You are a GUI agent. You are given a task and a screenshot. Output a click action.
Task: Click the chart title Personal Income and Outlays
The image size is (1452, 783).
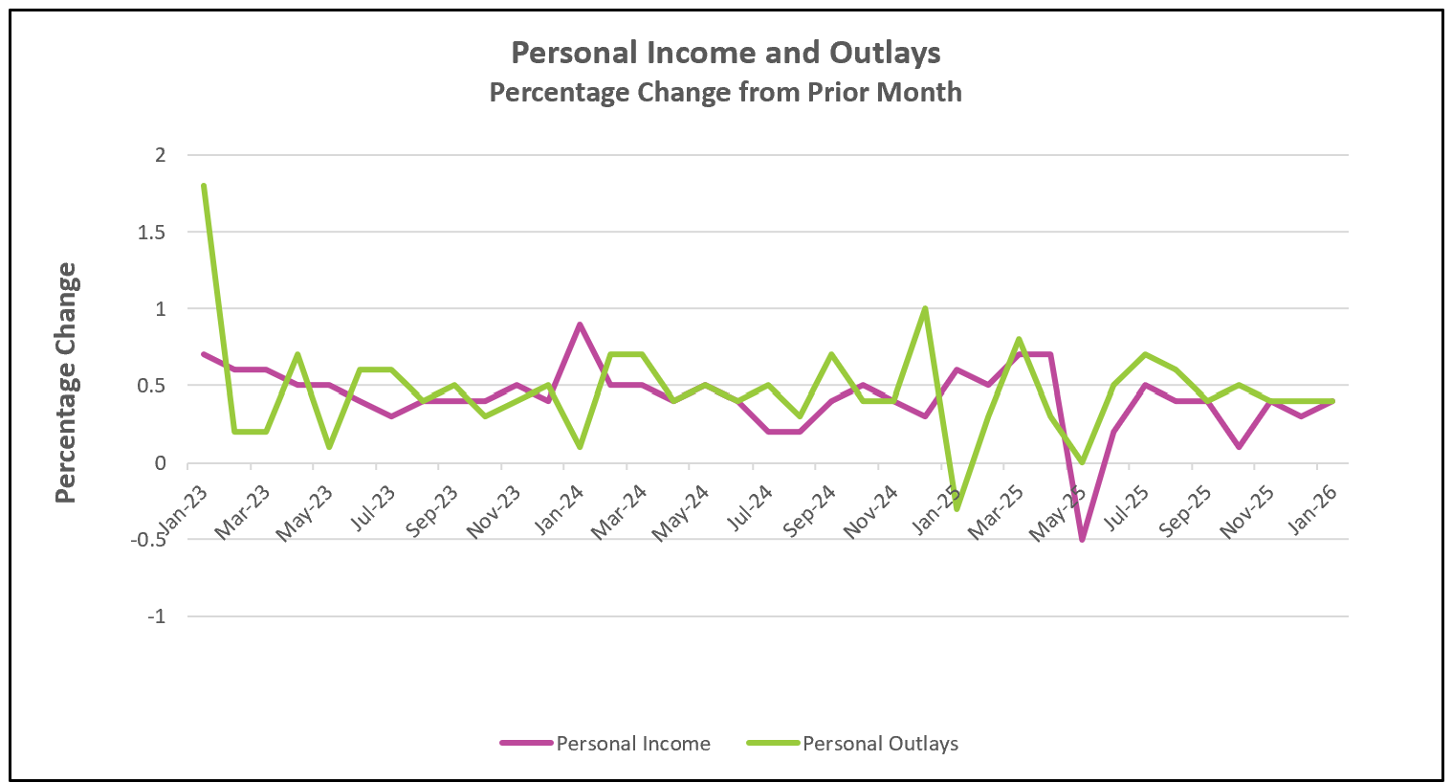[x=725, y=53]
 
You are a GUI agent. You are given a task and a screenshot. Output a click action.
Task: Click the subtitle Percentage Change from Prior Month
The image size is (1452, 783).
[x=725, y=92]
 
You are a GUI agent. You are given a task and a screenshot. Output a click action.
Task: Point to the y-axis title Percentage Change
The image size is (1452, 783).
[x=65, y=383]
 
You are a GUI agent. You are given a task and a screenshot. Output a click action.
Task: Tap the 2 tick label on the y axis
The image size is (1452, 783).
[x=160, y=155]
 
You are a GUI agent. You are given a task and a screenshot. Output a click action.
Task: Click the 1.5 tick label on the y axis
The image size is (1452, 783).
[x=153, y=232]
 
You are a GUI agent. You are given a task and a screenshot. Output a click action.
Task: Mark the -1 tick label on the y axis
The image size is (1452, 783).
[x=156, y=616]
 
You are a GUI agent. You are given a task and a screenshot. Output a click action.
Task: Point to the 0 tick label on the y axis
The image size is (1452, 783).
[x=160, y=463]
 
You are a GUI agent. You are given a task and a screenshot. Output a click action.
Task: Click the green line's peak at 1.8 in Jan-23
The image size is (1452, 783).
[x=204, y=186]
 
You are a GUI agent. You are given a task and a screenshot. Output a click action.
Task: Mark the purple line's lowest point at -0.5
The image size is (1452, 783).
[x=1082, y=539]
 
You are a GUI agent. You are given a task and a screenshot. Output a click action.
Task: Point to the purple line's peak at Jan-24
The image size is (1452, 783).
[x=580, y=324]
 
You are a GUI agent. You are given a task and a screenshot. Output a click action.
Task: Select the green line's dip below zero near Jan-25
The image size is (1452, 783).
[x=957, y=508]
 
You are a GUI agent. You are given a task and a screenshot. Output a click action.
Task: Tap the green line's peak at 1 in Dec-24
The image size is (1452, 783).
[x=925, y=309]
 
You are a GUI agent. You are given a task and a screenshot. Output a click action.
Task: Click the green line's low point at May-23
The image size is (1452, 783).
[x=329, y=447]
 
